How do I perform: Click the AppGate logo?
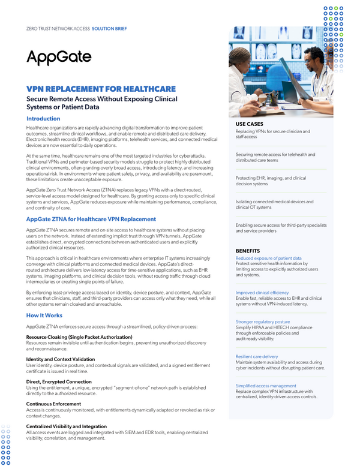coord(59,57)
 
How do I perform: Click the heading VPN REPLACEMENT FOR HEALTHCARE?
coord(101,88)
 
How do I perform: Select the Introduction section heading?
coord(43,119)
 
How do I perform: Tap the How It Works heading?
coord(44,315)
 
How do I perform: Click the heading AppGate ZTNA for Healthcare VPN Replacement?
coord(91,219)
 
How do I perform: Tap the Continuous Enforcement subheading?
coord(54,404)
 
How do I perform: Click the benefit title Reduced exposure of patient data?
coord(268,258)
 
